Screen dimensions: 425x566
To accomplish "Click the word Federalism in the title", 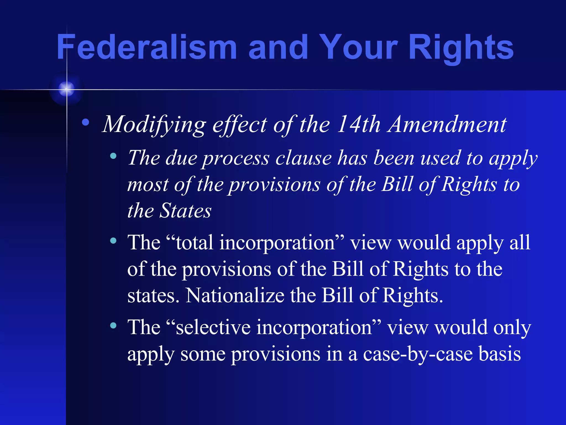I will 147,47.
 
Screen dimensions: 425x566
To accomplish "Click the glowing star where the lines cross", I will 67,89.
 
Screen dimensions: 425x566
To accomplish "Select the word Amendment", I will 447,125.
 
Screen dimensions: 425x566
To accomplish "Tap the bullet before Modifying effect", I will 85,122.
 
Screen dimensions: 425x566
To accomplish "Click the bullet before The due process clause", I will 113,156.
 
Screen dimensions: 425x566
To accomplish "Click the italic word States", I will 186,211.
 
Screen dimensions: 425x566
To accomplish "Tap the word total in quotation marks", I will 195,243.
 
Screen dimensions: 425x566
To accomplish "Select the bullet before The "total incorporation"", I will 113,241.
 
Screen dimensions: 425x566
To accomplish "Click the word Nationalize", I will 235,296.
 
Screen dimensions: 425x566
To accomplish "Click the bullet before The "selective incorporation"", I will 113,325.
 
